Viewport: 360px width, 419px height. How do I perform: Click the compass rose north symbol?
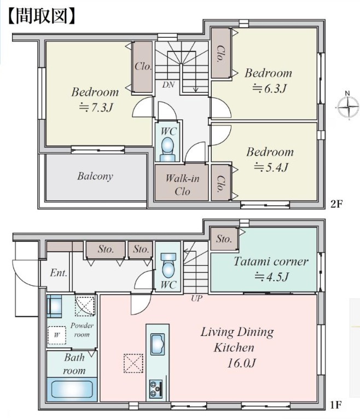coord(348,107)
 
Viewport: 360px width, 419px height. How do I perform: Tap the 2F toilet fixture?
coord(168,149)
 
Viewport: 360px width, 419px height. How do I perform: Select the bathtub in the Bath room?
coord(72,389)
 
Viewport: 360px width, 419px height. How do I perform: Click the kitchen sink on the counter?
coord(158,344)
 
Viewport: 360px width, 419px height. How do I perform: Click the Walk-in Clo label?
coord(182,185)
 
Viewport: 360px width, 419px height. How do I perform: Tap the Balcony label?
coord(95,176)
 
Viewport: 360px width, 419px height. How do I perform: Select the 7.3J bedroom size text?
coord(96,108)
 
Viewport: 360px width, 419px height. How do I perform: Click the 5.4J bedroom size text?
coord(271,167)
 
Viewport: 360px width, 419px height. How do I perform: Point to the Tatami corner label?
coord(271,261)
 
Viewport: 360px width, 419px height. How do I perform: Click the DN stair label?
coord(169,85)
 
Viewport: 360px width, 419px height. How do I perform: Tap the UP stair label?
coord(197,298)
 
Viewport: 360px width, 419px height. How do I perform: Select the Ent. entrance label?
coord(59,273)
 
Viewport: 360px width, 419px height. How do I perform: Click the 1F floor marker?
coord(336,405)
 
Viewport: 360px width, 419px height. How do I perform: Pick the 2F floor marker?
coord(336,205)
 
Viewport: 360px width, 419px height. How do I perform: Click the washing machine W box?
coord(57,335)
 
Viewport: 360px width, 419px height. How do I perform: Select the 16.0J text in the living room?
coord(241,363)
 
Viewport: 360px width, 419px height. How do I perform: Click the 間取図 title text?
coord(41,16)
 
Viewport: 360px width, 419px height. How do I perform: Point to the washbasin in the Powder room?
coord(54,306)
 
